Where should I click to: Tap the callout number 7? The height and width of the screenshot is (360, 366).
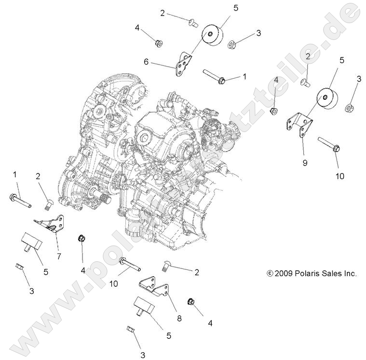point(59,256)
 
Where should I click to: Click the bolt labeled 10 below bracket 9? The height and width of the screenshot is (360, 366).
point(330,145)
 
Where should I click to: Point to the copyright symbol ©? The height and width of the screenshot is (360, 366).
point(270,273)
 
